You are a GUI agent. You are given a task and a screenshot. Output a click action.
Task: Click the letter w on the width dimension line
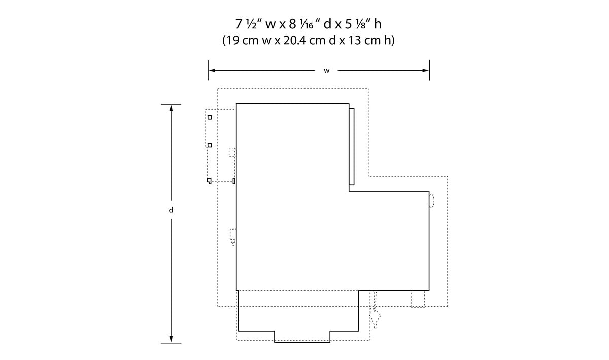(x=326, y=71)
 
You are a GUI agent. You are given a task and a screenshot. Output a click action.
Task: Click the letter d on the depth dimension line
(x=171, y=210)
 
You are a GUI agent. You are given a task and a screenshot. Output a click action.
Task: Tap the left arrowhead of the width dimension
(x=212, y=70)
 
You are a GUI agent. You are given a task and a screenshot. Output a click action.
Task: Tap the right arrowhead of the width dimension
(x=426, y=70)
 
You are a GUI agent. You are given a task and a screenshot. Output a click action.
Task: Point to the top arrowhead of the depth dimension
(x=171, y=108)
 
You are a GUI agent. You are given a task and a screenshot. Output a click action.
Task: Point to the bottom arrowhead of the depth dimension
(x=171, y=339)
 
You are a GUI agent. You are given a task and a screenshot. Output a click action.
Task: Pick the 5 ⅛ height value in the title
(x=357, y=24)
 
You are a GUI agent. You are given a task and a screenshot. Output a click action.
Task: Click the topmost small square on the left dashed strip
(x=210, y=117)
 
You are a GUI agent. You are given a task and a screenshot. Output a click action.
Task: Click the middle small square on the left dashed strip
(x=210, y=145)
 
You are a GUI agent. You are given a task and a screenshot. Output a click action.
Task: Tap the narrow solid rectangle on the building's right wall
(x=352, y=147)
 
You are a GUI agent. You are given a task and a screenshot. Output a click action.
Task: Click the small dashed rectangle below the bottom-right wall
(x=418, y=299)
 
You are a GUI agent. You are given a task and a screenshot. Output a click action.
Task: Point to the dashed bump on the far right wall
(x=431, y=201)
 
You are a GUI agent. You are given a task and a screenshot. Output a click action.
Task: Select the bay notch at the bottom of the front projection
(x=302, y=337)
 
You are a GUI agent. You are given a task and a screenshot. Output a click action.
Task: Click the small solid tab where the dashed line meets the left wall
(x=234, y=181)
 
